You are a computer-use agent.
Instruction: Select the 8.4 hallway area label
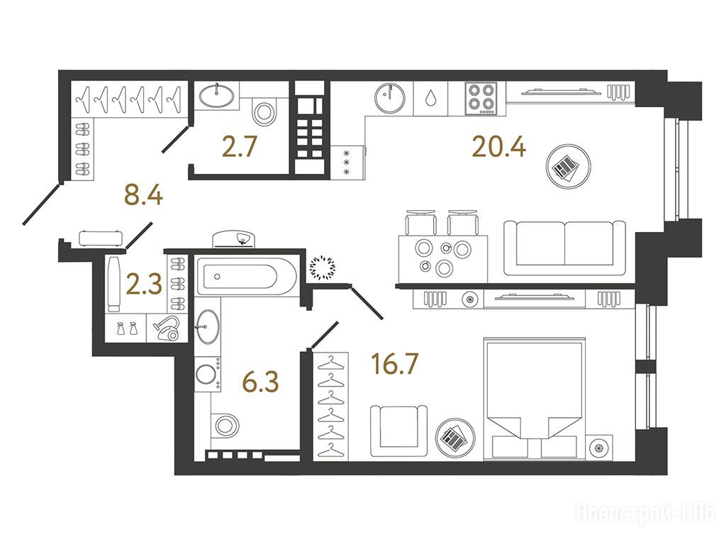point(143,194)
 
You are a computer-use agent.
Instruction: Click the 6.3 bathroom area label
point(261,382)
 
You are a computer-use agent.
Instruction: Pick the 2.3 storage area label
point(144,285)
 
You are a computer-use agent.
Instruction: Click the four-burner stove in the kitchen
point(481,98)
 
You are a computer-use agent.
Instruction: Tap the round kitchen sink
point(390,98)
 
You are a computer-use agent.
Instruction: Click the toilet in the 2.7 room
point(263,111)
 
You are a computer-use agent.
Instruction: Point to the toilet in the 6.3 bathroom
point(225,424)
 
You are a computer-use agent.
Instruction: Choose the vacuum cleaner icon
point(167,328)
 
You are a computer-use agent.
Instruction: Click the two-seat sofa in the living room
point(564,248)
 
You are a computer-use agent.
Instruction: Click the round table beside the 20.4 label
point(568,166)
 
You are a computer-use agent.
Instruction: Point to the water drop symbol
point(430,98)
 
